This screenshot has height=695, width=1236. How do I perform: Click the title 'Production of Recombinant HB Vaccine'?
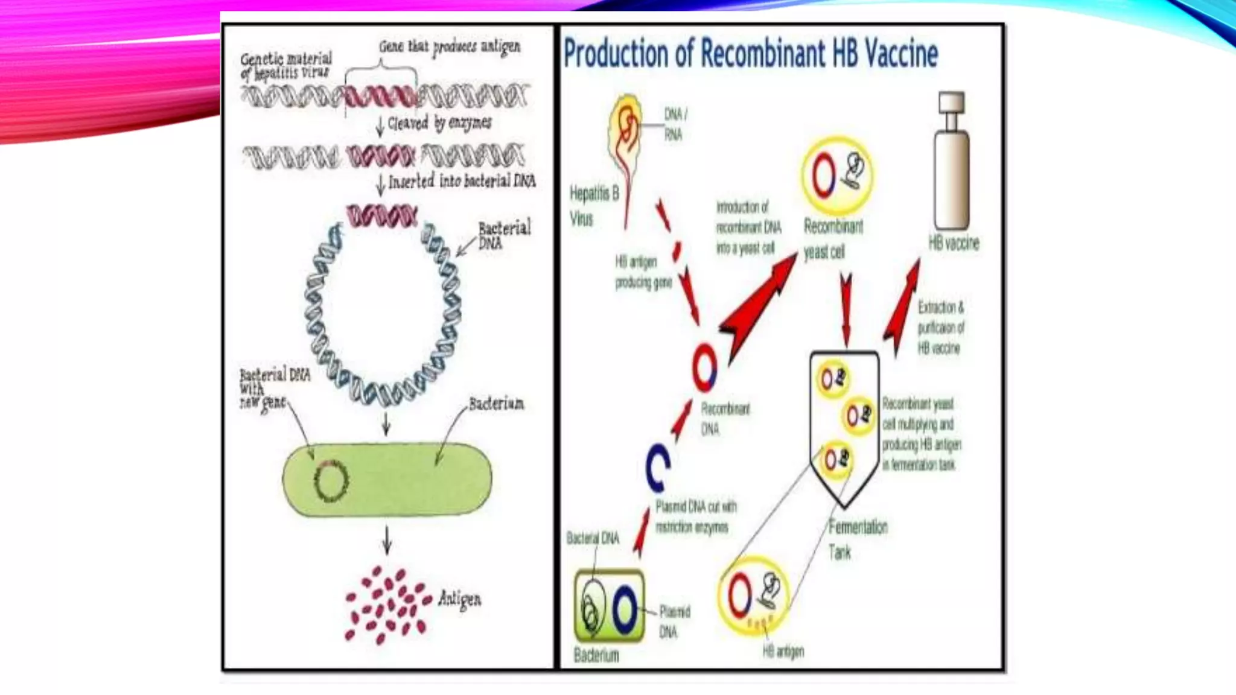point(750,54)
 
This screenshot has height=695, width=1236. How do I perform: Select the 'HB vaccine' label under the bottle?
point(954,243)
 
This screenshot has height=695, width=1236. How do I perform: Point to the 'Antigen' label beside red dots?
point(460,599)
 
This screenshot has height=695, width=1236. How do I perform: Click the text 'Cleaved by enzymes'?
point(439,124)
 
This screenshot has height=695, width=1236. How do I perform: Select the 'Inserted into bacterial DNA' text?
point(462,181)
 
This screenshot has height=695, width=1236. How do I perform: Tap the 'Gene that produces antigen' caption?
point(450,47)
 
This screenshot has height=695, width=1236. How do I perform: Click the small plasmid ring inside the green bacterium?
point(331,481)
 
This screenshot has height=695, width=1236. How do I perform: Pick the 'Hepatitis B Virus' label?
point(594,206)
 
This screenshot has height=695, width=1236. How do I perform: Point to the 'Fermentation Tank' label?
point(857,539)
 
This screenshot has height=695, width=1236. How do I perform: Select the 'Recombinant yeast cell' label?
point(833,239)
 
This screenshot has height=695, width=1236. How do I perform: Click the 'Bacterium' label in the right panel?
point(596,655)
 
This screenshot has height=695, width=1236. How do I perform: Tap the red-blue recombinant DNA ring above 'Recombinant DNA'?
point(704,368)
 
